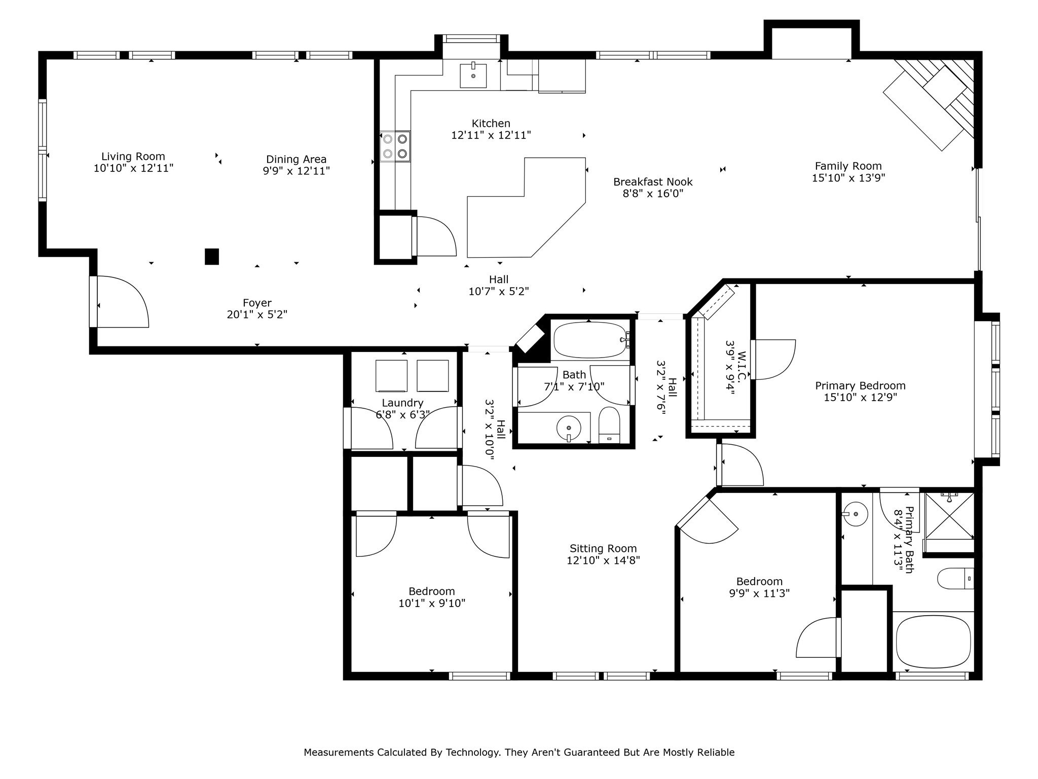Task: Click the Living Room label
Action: (133, 157)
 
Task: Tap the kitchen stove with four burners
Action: (395, 146)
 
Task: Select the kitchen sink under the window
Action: (473, 76)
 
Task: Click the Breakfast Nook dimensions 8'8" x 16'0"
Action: (653, 194)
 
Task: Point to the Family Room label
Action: (848, 166)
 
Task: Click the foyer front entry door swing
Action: (122, 302)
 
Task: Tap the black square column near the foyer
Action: (212, 257)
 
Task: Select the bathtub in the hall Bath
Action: (590, 340)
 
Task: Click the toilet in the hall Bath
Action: (609, 425)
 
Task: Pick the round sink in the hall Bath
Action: (569, 428)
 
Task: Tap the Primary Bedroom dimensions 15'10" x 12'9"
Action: (860, 398)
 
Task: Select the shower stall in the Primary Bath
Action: (949, 516)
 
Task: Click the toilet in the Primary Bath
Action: (955, 579)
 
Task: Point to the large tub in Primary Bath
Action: (933, 642)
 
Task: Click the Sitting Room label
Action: (603, 549)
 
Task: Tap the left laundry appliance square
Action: (391, 376)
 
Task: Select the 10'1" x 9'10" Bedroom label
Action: (432, 592)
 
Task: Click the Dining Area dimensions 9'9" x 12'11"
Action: (296, 171)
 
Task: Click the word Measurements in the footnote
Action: (339, 753)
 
